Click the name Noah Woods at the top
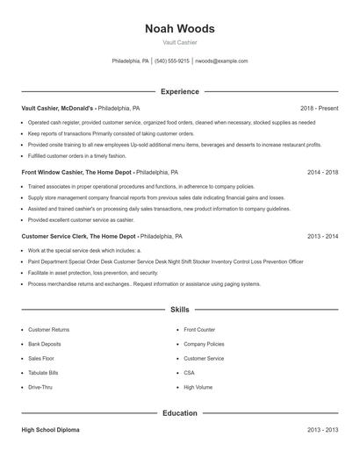click(x=179, y=29)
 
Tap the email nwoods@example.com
click(x=221, y=61)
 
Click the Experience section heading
click(x=179, y=91)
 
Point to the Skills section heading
click(x=179, y=310)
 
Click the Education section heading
click(x=179, y=412)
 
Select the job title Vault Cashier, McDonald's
click(x=58, y=108)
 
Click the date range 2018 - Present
click(x=319, y=108)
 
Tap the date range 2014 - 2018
click(x=323, y=173)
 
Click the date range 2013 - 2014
click(x=323, y=237)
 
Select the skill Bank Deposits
click(x=45, y=344)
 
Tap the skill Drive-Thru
click(x=40, y=387)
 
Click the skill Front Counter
click(x=199, y=330)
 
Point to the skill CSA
click(x=190, y=373)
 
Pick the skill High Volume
click(x=198, y=387)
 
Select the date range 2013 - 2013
click(x=323, y=430)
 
